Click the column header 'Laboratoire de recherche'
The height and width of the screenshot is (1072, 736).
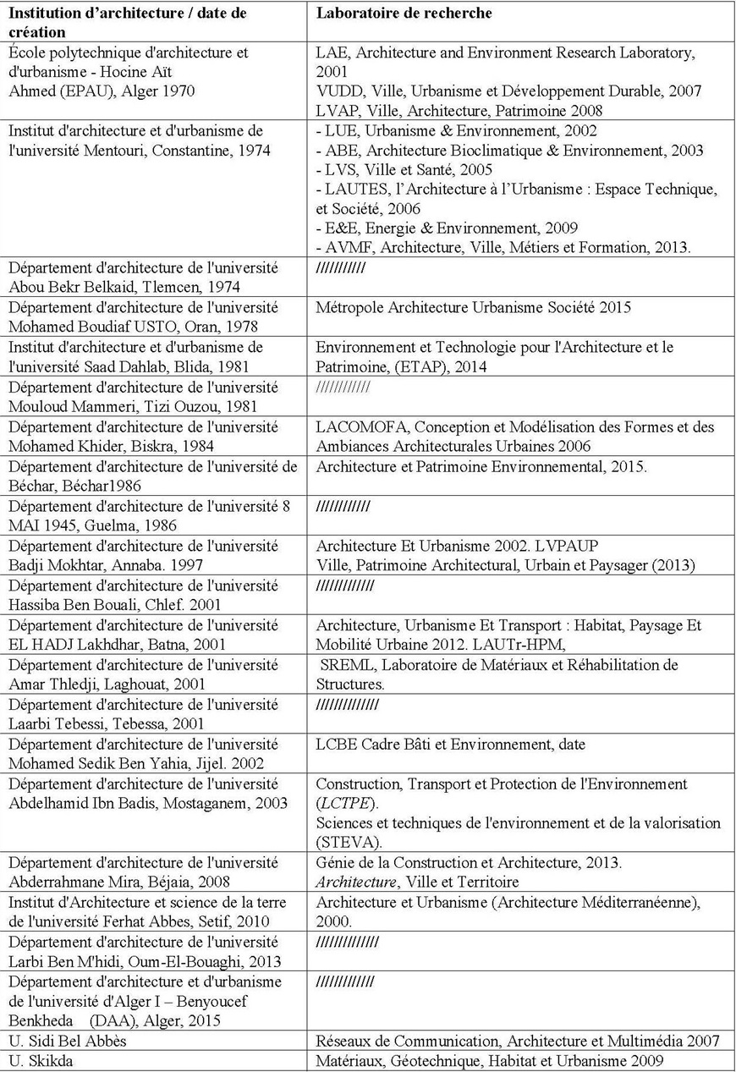(404, 14)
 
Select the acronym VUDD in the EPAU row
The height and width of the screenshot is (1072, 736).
(337, 91)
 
